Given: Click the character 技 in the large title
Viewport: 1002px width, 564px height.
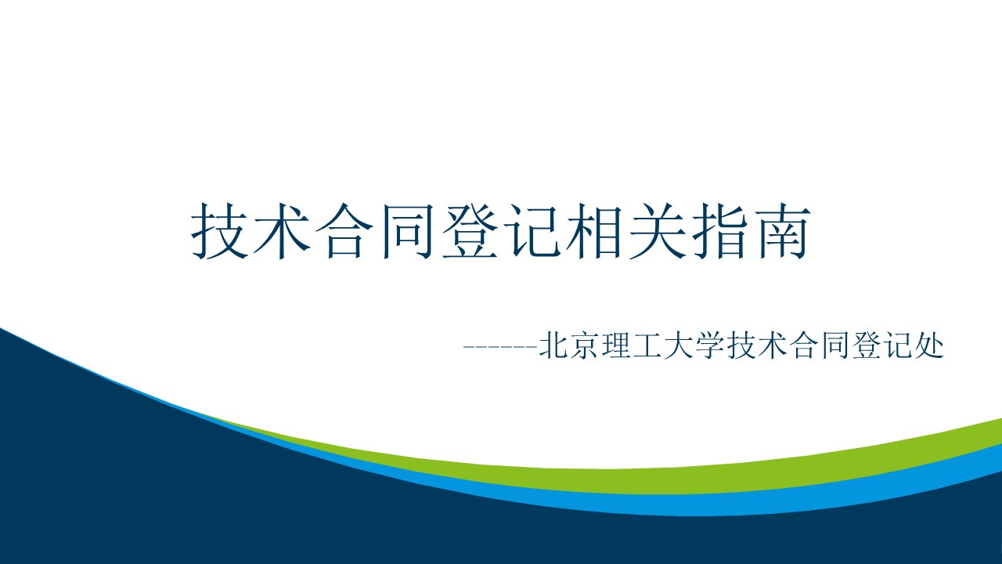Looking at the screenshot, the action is click(220, 231).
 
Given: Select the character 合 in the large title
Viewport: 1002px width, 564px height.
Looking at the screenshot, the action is click(344, 231).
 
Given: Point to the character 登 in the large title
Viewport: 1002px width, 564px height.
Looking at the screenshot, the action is click(470, 231).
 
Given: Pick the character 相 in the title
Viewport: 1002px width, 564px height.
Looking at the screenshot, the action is click(595, 231).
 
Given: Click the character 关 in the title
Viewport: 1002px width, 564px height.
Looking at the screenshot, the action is click(658, 231).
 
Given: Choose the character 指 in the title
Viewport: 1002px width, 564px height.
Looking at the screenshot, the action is click(720, 231).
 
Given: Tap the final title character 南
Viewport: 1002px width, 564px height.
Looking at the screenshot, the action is click(783, 231).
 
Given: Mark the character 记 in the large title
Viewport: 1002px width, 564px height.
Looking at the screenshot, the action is click(533, 231).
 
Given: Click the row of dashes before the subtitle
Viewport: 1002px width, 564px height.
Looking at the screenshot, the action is click(500, 347).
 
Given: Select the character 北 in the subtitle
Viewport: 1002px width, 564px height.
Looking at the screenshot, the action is click(553, 345).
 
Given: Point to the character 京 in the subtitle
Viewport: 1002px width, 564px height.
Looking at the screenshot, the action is click(585, 345).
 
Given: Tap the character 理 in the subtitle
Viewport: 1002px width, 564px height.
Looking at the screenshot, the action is click(616, 345).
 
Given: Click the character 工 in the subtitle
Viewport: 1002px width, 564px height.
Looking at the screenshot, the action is click(647, 345).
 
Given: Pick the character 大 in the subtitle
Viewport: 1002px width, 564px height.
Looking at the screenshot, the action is click(679, 345).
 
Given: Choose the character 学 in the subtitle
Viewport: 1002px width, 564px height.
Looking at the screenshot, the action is click(710, 345).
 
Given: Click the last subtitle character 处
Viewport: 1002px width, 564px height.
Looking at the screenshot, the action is click(929, 345).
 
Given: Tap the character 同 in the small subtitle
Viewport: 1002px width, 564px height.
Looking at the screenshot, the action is click(835, 345).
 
